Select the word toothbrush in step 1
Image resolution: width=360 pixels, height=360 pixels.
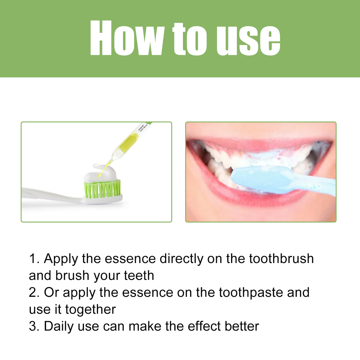pyautogui.click(x=281, y=259)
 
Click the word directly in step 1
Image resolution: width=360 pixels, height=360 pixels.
pyautogui.click(x=181, y=259)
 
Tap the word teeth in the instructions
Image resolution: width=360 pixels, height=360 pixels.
pyautogui.click(x=139, y=275)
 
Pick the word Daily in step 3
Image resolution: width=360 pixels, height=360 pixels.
pyautogui.click(x=59, y=326)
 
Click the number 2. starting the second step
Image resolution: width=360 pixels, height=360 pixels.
pyautogui.click(x=34, y=293)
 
